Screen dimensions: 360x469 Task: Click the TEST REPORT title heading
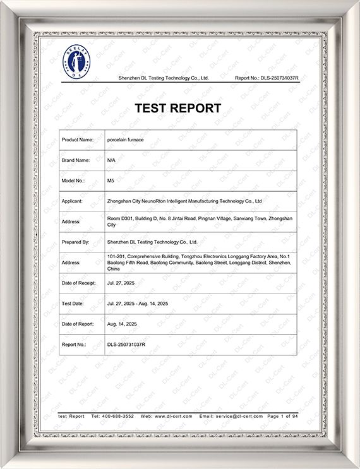pyautogui.click(x=178, y=108)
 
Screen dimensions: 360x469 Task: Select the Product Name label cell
pyautogui.click(x=78, y=140)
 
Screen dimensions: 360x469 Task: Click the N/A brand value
pyautogui.click(x=111, y=160)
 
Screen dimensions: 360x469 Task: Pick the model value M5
pyautogui.click(x=111, y=181)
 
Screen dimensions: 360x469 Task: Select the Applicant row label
pyautogui.click(x=73, y=201)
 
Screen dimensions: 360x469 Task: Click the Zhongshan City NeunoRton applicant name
pyautogui.click(x=184, y=201)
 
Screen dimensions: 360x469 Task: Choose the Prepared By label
pyautogui.click(x=76, y=242)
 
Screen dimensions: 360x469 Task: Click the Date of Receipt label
pyautogui.click(x=79, y=283)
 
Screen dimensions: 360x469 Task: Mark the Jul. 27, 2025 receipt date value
pyautogui.click(x=121, y=283)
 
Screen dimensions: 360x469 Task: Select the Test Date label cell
pyautogui.click(x=73, y=304)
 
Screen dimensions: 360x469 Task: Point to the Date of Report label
pyautogui.click(x=78, y=324)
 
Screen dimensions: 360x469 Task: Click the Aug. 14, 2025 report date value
pyautogui.click(x=122, y=324)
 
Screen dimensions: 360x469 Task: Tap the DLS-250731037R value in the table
pyautogui.click(x=126, y=345)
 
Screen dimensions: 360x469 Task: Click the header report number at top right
pyautogui.click(x=266, y=78)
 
